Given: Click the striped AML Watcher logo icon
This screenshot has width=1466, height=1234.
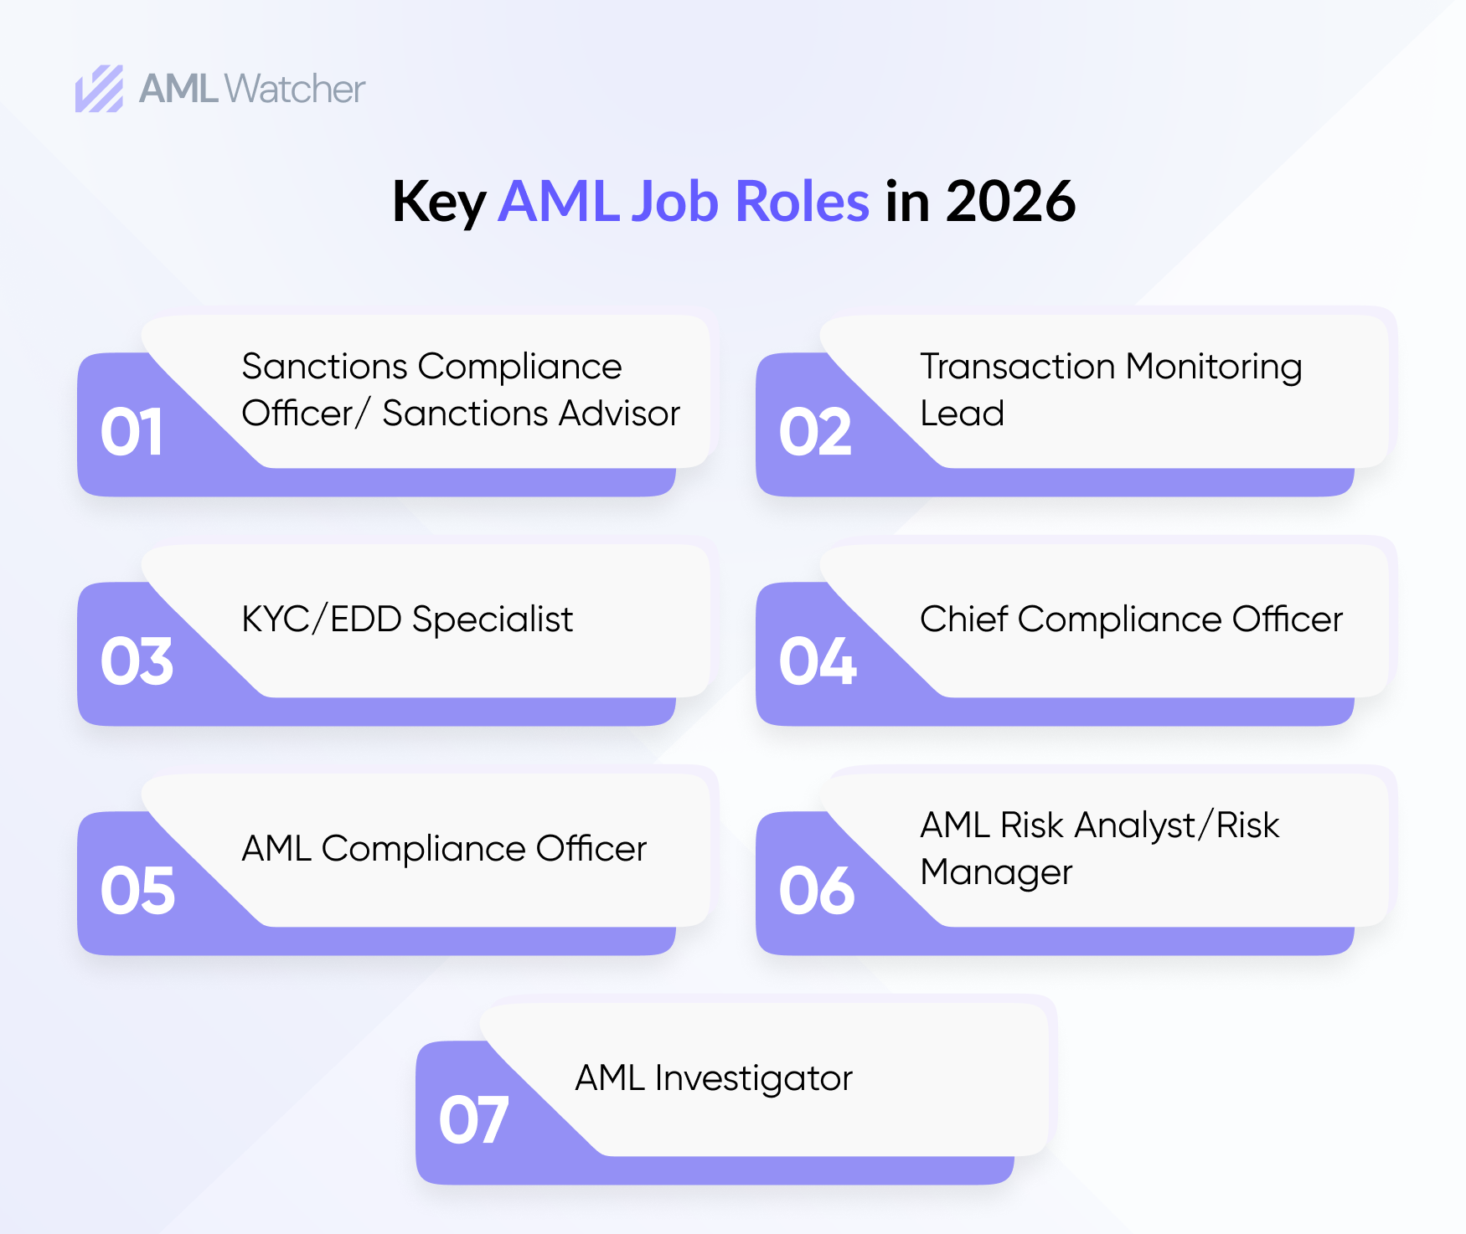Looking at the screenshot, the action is click(x=100, y=89).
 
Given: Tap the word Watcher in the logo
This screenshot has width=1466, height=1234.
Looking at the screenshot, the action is click(x=296, y=89).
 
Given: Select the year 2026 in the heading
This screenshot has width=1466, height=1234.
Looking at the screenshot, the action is click(x=1011, y=202).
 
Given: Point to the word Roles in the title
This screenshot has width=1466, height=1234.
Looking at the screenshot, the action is click(x=802, y=202).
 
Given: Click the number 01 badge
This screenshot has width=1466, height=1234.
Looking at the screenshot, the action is click(x=132, y=432).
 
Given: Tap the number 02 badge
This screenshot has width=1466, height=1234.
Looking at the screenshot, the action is click(x=815, y=432).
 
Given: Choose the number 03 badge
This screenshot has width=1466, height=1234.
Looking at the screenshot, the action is click(x=137, y=661).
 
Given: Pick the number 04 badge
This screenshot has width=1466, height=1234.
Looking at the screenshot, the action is click(x=818, y=661).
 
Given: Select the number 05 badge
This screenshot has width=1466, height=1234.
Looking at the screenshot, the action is click(x=137, y=891).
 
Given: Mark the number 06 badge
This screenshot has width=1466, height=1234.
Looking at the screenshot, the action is click(x=817, y=891).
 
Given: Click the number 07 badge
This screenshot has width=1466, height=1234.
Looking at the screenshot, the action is click(x=473, y=1120).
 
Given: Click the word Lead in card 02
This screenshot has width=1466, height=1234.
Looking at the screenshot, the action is click(x=962, y=414).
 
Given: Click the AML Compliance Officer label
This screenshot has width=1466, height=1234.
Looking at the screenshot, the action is click(x=444, y=849).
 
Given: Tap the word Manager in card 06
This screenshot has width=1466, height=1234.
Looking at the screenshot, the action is click(x=996, y=873).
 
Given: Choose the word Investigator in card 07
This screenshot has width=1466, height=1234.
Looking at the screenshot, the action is click(x=753, y=1078).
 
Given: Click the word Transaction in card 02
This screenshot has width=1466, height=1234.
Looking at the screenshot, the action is click(x=1018, y=367).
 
